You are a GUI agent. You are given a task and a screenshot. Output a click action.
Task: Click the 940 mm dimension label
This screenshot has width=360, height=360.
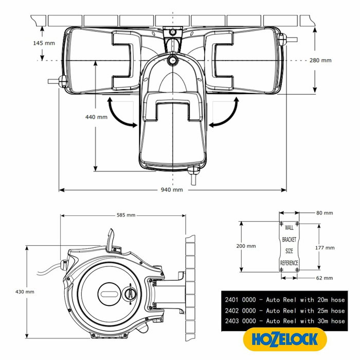pyautogui.click(x=172, y=190)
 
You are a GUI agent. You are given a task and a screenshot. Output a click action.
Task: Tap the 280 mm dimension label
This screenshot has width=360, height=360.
pyautogui.click(x=320, y=60)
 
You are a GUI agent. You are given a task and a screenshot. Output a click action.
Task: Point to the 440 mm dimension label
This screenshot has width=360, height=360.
pyautogui.click(x=96, y=117)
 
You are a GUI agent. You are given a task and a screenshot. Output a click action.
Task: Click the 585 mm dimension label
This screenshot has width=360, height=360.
pyautogui.click(x=125, y=215)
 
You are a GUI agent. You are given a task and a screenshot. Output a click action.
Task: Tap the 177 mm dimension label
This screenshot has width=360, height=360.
pyautogui.click(x=324, y=247)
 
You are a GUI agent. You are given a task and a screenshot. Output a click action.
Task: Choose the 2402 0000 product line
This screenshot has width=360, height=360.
pyautogui.click(x=284, y=310)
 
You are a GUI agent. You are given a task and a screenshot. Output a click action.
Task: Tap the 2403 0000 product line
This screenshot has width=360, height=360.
pyautogui.click(x=284, y=321)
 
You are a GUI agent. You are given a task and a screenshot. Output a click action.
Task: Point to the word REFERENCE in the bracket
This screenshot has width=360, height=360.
pyautogui.click(x=289, y=263)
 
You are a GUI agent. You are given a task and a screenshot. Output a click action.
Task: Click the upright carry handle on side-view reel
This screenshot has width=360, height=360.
pyautogui.click(x=111, y=240)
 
